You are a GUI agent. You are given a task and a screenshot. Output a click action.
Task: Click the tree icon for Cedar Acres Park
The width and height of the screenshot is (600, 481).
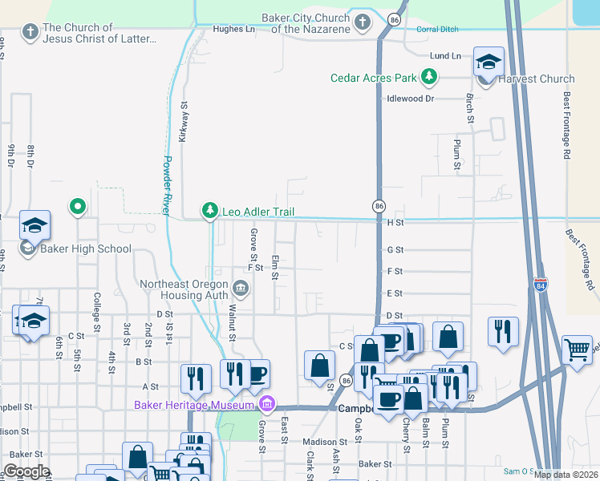[431, 78]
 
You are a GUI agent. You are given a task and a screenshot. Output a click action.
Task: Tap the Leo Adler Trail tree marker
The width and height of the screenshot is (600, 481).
[210, 211]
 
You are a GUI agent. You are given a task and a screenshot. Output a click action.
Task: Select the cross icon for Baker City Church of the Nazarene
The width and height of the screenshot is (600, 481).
[363, 21]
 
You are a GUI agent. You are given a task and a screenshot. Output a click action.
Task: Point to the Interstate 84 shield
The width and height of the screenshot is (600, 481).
[541, 284]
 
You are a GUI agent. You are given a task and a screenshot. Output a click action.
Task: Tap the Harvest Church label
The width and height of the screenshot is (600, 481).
[537, 79]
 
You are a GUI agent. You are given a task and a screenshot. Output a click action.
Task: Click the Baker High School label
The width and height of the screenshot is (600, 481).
[86, 249]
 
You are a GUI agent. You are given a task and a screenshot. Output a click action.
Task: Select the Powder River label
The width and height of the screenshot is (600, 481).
[169, 184]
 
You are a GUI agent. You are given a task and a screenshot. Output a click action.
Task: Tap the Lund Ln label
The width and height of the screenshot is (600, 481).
[445, 56]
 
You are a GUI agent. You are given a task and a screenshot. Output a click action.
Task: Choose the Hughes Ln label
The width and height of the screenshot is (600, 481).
[233, 30]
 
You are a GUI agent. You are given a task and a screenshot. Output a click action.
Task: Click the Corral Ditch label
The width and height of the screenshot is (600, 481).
[436, 30]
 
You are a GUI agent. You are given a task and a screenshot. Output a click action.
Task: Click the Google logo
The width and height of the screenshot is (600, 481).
[26, 471]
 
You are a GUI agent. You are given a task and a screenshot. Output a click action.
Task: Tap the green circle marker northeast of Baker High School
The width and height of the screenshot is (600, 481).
[78, 207]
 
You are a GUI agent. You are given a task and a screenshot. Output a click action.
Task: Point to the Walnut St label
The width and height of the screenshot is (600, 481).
[231, 323]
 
